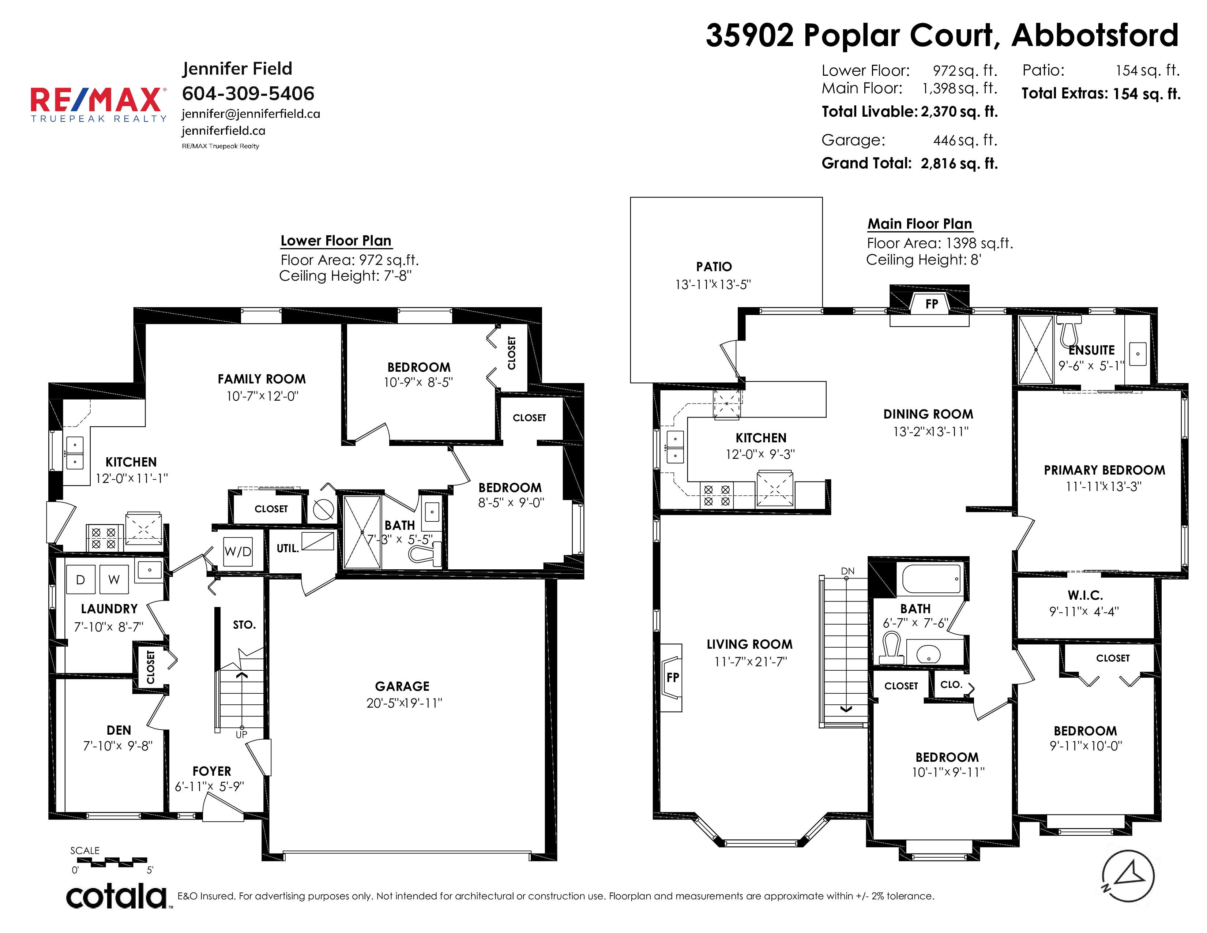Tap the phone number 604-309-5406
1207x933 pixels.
tap(248, 93)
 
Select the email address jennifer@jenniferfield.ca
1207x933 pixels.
tap(251, 113)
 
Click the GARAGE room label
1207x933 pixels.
tap(402, 686)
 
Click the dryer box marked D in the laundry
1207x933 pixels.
tap(81, 579)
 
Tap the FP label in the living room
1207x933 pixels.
tap(673, 677)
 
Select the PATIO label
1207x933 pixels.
tap(714, 267)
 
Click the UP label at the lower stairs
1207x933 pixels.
tap(241, 735)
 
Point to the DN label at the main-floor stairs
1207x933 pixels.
tap(848, 571)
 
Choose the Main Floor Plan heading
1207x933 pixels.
tap(920, 224)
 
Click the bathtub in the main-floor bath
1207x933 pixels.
tap(932, 579)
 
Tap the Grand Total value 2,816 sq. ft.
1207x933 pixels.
tap(959, 164)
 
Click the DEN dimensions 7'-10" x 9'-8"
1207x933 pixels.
tap(118, 746)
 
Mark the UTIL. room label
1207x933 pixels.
tap(287, 548)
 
